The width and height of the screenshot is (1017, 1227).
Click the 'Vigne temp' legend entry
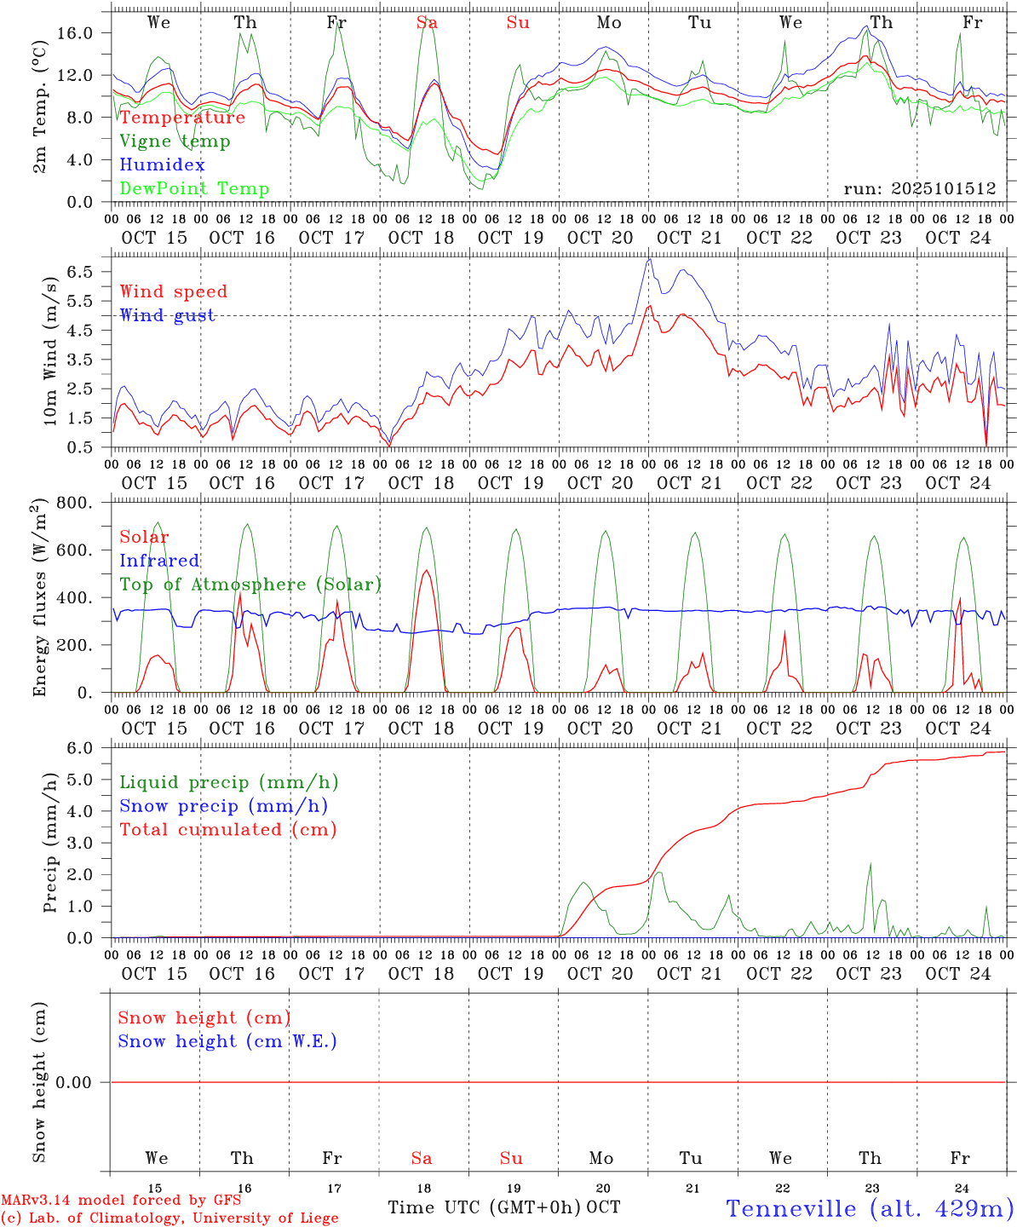coord(175,141)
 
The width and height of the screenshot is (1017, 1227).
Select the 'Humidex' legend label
coord(162,165)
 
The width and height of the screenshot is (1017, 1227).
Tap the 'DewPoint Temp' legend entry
coord(194,189)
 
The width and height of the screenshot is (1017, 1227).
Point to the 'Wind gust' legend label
coord(167,315)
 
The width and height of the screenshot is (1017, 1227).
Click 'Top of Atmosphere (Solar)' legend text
coord(250,585)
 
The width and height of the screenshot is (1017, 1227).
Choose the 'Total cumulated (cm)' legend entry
coord(227,830)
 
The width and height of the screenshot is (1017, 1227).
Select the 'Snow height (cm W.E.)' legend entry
coord(227,1041)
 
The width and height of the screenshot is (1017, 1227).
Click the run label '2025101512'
coord(919,189)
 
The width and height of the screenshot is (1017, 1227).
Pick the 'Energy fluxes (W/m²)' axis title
coord(41,599)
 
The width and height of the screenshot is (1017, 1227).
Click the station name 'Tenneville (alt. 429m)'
coord(870,1208)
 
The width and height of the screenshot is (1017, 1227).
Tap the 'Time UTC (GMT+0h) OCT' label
coord(503,1207)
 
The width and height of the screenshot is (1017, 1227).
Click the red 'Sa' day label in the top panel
coord(427,23)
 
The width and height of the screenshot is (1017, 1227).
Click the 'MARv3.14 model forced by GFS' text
coord(121,1201)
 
